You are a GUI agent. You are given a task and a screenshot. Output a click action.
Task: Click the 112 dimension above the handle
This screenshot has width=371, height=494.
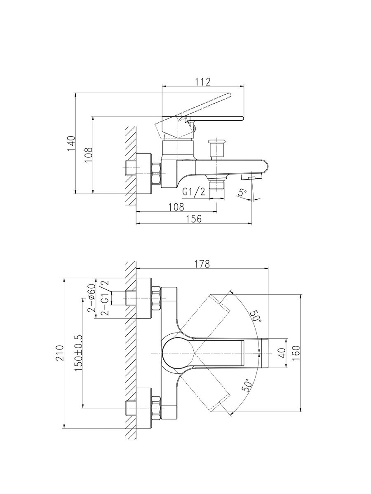(203, 82)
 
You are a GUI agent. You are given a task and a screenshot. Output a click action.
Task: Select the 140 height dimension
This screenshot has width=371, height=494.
(71, 143)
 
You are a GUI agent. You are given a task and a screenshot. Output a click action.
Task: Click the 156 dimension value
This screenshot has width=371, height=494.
(193, 219)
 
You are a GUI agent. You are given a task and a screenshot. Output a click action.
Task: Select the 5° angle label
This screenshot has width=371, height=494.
(242, 192)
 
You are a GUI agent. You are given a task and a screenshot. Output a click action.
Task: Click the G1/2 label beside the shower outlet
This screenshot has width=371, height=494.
(194, 192)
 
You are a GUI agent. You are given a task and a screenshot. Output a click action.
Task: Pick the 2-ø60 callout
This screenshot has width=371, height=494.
(92, 297)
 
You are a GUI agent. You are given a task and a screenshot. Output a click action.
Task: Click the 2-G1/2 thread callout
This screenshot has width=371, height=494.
(104, 297)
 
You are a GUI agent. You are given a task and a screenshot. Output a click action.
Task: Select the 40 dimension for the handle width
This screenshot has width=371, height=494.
(282, 353)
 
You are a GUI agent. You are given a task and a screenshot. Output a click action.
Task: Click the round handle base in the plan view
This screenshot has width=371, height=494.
(178, 353)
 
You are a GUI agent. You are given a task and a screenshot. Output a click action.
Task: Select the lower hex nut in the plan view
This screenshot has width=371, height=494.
(156, 408)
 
